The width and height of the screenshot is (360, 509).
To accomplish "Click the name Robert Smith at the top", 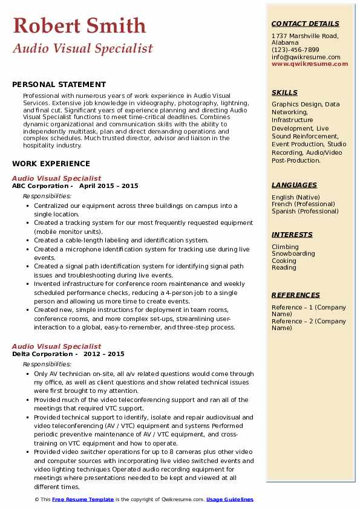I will (x=79, y=25).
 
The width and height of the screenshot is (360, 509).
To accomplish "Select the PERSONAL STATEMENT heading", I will (x=59, y=85).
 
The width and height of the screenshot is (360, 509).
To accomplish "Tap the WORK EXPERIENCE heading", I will (x=51, y=164).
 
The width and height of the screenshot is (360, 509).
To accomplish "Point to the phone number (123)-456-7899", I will (x=295, y=50).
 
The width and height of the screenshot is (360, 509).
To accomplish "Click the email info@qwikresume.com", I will (x=306, y=57).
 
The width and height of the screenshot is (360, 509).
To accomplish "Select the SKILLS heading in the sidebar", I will (x=284, y=93).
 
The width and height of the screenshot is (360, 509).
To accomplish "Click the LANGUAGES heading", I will (x=294, y=186).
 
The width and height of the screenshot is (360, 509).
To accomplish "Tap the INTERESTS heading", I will (x=292, y=235).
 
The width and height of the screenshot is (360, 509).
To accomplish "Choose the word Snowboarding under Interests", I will (x=293, y=254).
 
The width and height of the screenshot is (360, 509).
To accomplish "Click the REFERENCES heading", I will (x=296, y=296).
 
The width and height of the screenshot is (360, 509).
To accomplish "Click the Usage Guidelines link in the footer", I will (x=230, y=500).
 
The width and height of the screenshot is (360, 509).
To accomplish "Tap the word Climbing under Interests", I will (x=285, y=247).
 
